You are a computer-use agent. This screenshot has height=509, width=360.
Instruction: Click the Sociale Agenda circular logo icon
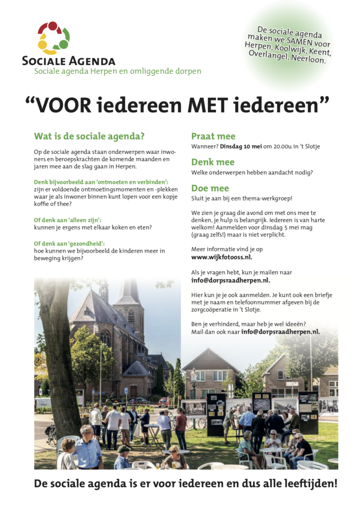pyautogui.click(x=53, y=38)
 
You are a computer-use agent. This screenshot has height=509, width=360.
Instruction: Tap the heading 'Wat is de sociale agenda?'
pyautogui.click(x=89, y=136)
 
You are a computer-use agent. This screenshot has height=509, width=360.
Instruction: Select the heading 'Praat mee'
pyautogui.click(x=213, y=136)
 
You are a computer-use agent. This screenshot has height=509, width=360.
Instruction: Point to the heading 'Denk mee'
pyautogui.click(x=213, y=162)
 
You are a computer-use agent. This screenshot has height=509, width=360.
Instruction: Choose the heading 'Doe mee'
pyautogui.click(x=210, y=188)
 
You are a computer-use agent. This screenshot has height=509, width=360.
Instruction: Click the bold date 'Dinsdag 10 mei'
pyautogui.click(x=241, y=147)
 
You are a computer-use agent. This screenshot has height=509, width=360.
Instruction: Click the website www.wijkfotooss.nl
pyautogui.click(x=221, y=257)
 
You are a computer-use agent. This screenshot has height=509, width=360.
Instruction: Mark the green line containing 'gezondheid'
pyautogui.click(x=73, y=243)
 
